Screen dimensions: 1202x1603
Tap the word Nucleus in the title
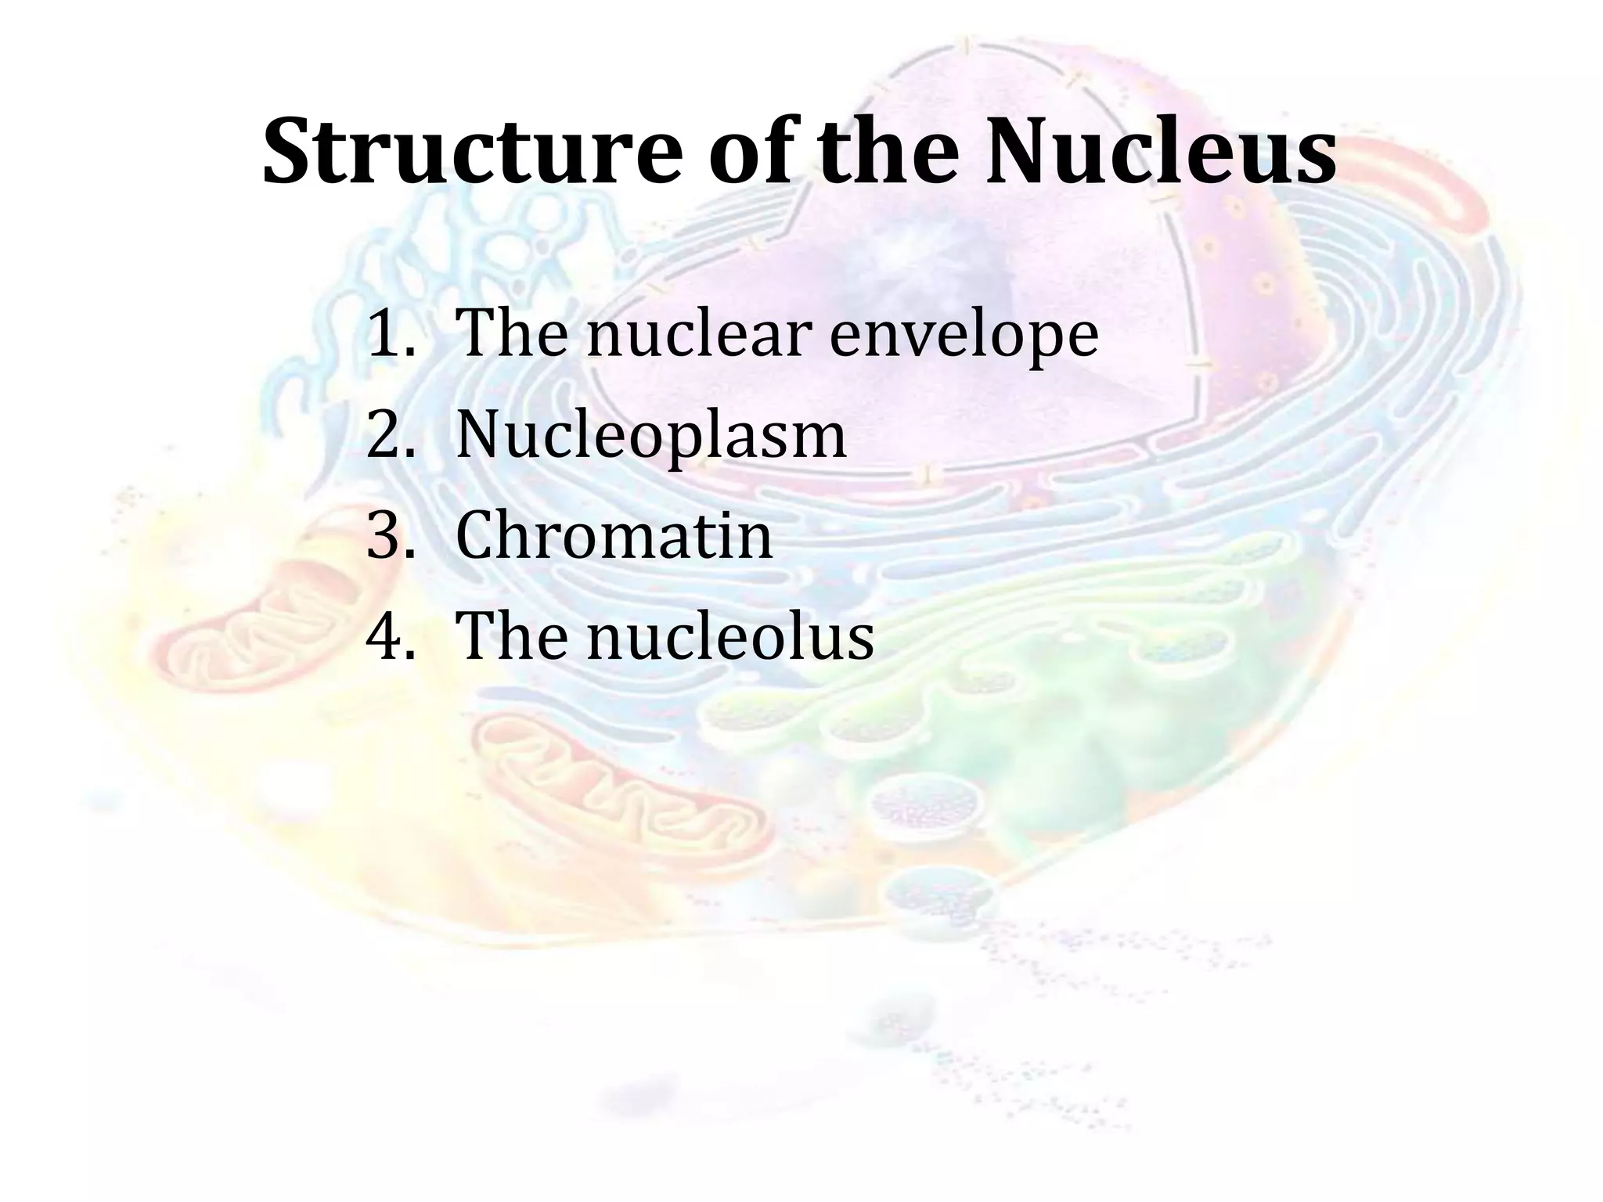pyautogui.click(x=1160, y=150)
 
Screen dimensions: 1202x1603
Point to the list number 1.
pyautogui.click(x=387, y=334)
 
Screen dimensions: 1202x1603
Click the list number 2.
pyautogui.click(x=388, y=435)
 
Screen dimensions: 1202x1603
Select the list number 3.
pyautogui.click(x=388, y=536)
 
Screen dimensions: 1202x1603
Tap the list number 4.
pyautogui.click(x=388, y=637)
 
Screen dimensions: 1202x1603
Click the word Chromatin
pyautogui.click(x=614, y=536)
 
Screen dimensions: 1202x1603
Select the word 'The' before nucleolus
pyautogui.click(x=512, y=637)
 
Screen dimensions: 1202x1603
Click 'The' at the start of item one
pyautogui.click(x=512, y=334)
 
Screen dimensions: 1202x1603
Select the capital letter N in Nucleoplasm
pyautogui.click(x=479, y=435)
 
